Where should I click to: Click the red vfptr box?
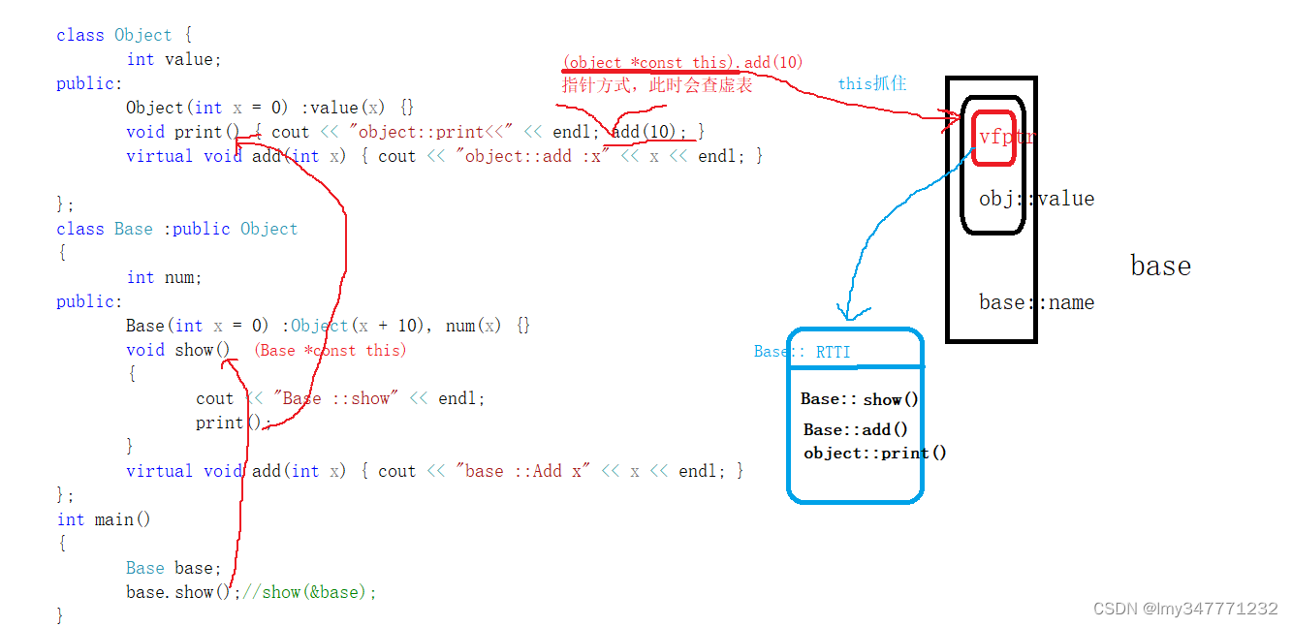pyautogui.click(x=993, y=138)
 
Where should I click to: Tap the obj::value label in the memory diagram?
pyautogui.click(x=1036, y=199)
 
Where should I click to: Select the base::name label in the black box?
pyautogui.click(x=1036, y=302)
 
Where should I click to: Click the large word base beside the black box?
pyautogui.click(x=1160, y=266)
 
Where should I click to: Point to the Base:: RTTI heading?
pyautogui.click(x=802, y=352)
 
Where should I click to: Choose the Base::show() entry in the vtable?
pyautogui.click(x=860, y=399)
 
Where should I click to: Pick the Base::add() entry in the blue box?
pyautogui.click(x=856, y=429)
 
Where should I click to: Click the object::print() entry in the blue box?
pyautogui.click(x=875, y=453)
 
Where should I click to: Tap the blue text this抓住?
pyautogui.click(x=872, y=84)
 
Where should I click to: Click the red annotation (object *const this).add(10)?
pyautogui.click(x=682, y=62)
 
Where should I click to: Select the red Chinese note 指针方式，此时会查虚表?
pyautogui.click(x=657, y=85)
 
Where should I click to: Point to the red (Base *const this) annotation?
pyautogui.click(x=330, y=350)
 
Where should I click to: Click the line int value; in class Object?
pyautogui.click(x=173, y=59)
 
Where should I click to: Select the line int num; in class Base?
pyautogui.click(x=164, y=277)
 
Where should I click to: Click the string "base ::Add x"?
pyautogui.click(x=523, y=471)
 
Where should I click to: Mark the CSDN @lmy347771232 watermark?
pyautogui.click(x=1184, y=609)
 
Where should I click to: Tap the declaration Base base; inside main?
pyautogui.click(x=173, y=568)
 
